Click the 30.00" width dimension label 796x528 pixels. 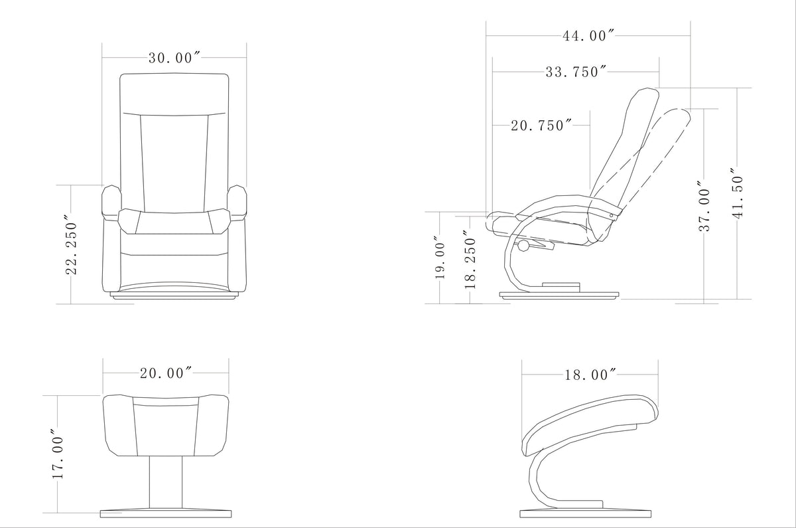tap(174, 58)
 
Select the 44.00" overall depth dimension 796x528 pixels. tap(588, 36)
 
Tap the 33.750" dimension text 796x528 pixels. tap(576, 72)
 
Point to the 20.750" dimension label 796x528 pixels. tap(541, 126)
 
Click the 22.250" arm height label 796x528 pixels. tap(72, 244)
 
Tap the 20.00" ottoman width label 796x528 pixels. tap(166, 373)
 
